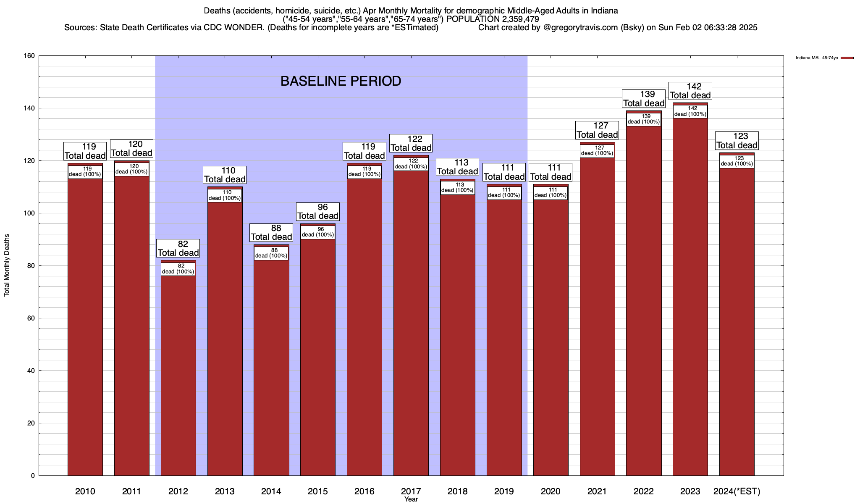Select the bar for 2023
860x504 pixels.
690,294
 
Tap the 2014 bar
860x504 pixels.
271,365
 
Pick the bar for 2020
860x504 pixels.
551,336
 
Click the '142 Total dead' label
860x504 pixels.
690,91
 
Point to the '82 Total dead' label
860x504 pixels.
178,248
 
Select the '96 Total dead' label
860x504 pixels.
318,211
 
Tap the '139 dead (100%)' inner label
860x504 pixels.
644,119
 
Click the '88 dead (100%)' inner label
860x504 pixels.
271,253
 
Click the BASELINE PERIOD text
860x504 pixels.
341,81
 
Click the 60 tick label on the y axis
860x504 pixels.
31,318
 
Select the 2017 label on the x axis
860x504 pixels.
411,491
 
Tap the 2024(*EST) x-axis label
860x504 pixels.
737,491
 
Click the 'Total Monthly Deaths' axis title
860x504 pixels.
7,265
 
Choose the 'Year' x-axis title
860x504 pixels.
411,499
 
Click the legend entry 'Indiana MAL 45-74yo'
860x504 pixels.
817,58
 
